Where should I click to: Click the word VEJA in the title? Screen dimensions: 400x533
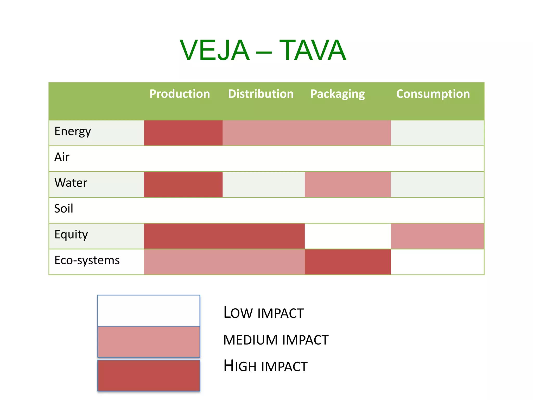tap(214, 50)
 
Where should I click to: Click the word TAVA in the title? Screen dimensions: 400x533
tap(313, 50)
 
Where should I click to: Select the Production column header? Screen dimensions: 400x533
tap(180, 94)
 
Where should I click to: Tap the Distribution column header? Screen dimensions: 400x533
tap(261, 94)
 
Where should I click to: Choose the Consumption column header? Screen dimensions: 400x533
tap(433, 94)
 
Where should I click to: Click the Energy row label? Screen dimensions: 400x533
tap(73, 132)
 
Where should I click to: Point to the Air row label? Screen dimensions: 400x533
tap(62, 157)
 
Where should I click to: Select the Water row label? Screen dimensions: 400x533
tap(71, 183)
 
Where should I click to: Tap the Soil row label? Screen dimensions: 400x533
tap(64, 209)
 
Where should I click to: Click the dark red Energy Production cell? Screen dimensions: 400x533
tap(183, 133)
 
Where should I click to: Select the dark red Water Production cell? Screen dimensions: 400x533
tap(183, 184)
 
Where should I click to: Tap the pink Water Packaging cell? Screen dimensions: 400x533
tap(348, 184)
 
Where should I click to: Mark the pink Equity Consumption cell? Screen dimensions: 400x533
tap(437, 236)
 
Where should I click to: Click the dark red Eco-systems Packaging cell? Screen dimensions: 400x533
tap(348, 262)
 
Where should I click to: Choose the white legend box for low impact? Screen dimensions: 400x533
tap(149, 310)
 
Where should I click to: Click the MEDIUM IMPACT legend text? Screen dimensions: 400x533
tap(276, 340)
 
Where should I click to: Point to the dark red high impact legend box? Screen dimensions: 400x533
tap(149, 375)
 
